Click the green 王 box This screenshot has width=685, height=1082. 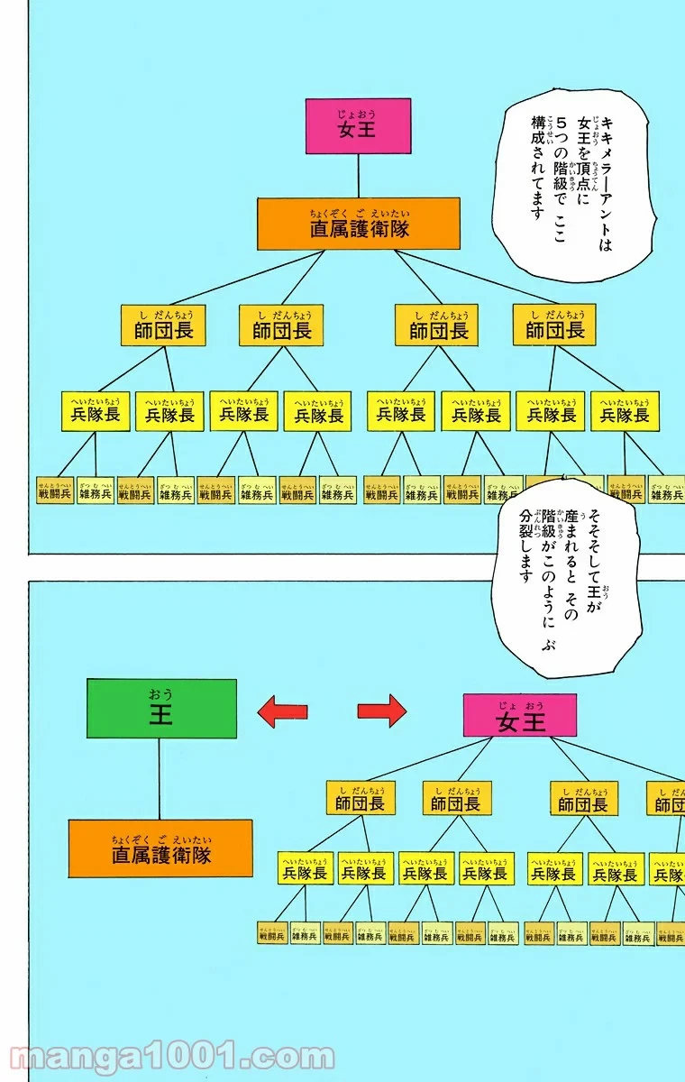(161, 709)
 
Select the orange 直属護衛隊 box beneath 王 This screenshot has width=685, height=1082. (160, 848)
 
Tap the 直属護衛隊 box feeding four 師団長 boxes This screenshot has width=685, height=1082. (358, 224)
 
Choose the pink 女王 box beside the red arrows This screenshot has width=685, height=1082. (520, 715)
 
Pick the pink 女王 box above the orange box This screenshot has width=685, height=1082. (358, 125)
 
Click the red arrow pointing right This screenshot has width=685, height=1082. (382, 711)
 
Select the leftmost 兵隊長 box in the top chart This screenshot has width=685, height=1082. (96, 411)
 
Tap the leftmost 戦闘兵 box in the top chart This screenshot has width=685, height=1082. (55, 491)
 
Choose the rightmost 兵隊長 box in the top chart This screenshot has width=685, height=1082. (625, 411)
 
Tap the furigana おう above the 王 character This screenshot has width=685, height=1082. (161, 693)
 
